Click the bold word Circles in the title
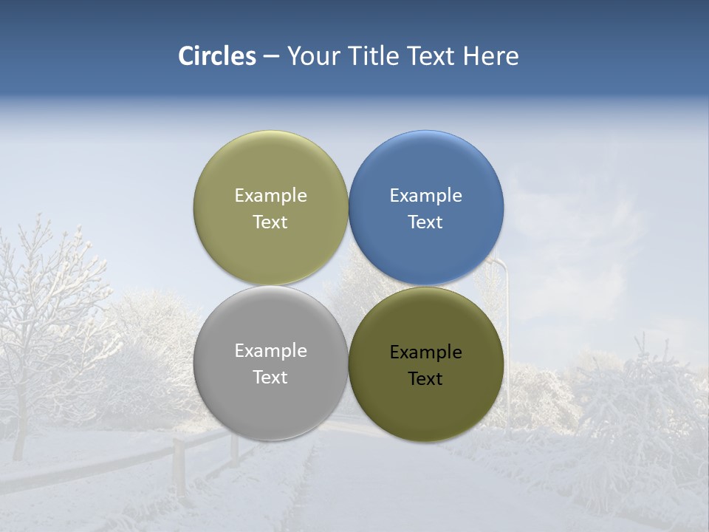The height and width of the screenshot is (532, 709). point(217,56)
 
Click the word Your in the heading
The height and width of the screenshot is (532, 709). point(313,56)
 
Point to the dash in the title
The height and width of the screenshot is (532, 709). point(271,57)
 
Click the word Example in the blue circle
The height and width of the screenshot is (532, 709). point(425,196)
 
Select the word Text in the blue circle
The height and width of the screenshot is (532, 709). point(425,222)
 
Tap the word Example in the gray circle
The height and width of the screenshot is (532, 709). point(270,351)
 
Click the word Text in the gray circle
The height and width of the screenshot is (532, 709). point(270,378)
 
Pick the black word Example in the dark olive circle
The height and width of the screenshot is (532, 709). point(425,352)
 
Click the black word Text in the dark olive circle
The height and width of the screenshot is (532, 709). point(425,379)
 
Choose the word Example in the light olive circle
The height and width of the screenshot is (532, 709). point(270,196)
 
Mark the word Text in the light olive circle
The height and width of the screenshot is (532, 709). point(270,222)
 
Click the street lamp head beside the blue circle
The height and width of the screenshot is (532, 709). point(499,264)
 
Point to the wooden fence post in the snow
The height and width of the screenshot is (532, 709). point(178,465)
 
